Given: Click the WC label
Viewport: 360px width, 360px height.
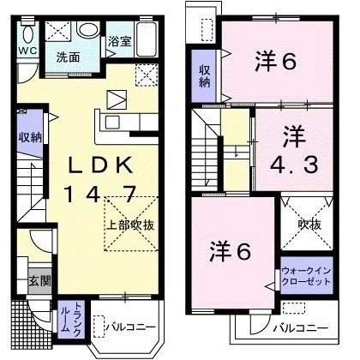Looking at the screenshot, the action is tap(27, 51).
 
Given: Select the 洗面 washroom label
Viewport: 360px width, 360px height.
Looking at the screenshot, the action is tap(68, 57).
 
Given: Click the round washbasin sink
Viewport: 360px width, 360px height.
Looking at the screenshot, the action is tap(88, 29).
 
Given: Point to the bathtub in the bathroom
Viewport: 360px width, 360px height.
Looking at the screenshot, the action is tap(146, 39).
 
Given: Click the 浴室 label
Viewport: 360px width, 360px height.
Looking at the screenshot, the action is tap(120, 42).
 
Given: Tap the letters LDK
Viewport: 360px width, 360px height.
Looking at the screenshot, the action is tap(100, 165).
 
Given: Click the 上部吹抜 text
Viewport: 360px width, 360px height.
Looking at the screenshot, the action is tap(130, 225).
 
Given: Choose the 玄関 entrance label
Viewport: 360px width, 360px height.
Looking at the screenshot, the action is tap(39, 282).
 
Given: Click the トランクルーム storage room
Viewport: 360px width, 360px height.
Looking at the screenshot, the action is tap(70, 319).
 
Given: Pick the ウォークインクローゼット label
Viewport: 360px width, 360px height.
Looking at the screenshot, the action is tap(306, 276).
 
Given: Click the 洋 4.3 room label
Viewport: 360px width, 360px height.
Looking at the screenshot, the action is tap(294, 151).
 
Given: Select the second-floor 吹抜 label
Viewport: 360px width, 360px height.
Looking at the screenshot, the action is tap(309, 225).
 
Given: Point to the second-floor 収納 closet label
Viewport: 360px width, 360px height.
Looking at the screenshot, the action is tap(205, 76).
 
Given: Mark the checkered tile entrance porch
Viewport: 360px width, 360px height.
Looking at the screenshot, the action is tap(32, 324).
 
